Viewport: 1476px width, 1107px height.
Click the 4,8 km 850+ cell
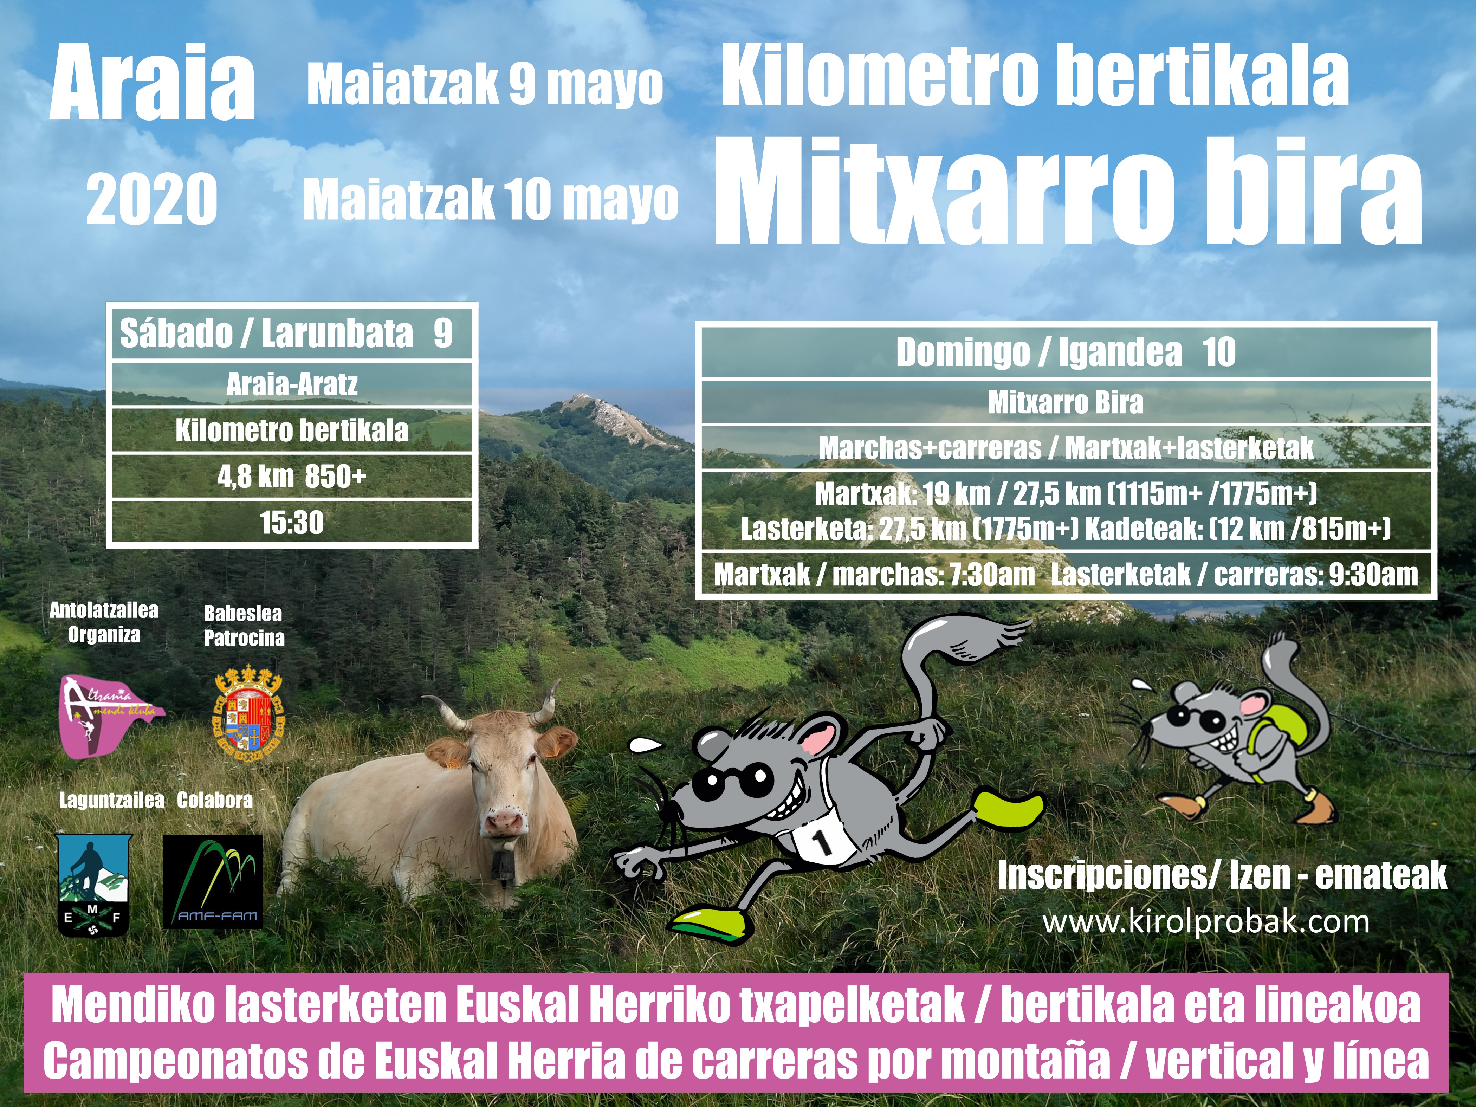point(292,477)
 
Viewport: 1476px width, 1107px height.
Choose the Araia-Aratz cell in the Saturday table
point(292,384)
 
